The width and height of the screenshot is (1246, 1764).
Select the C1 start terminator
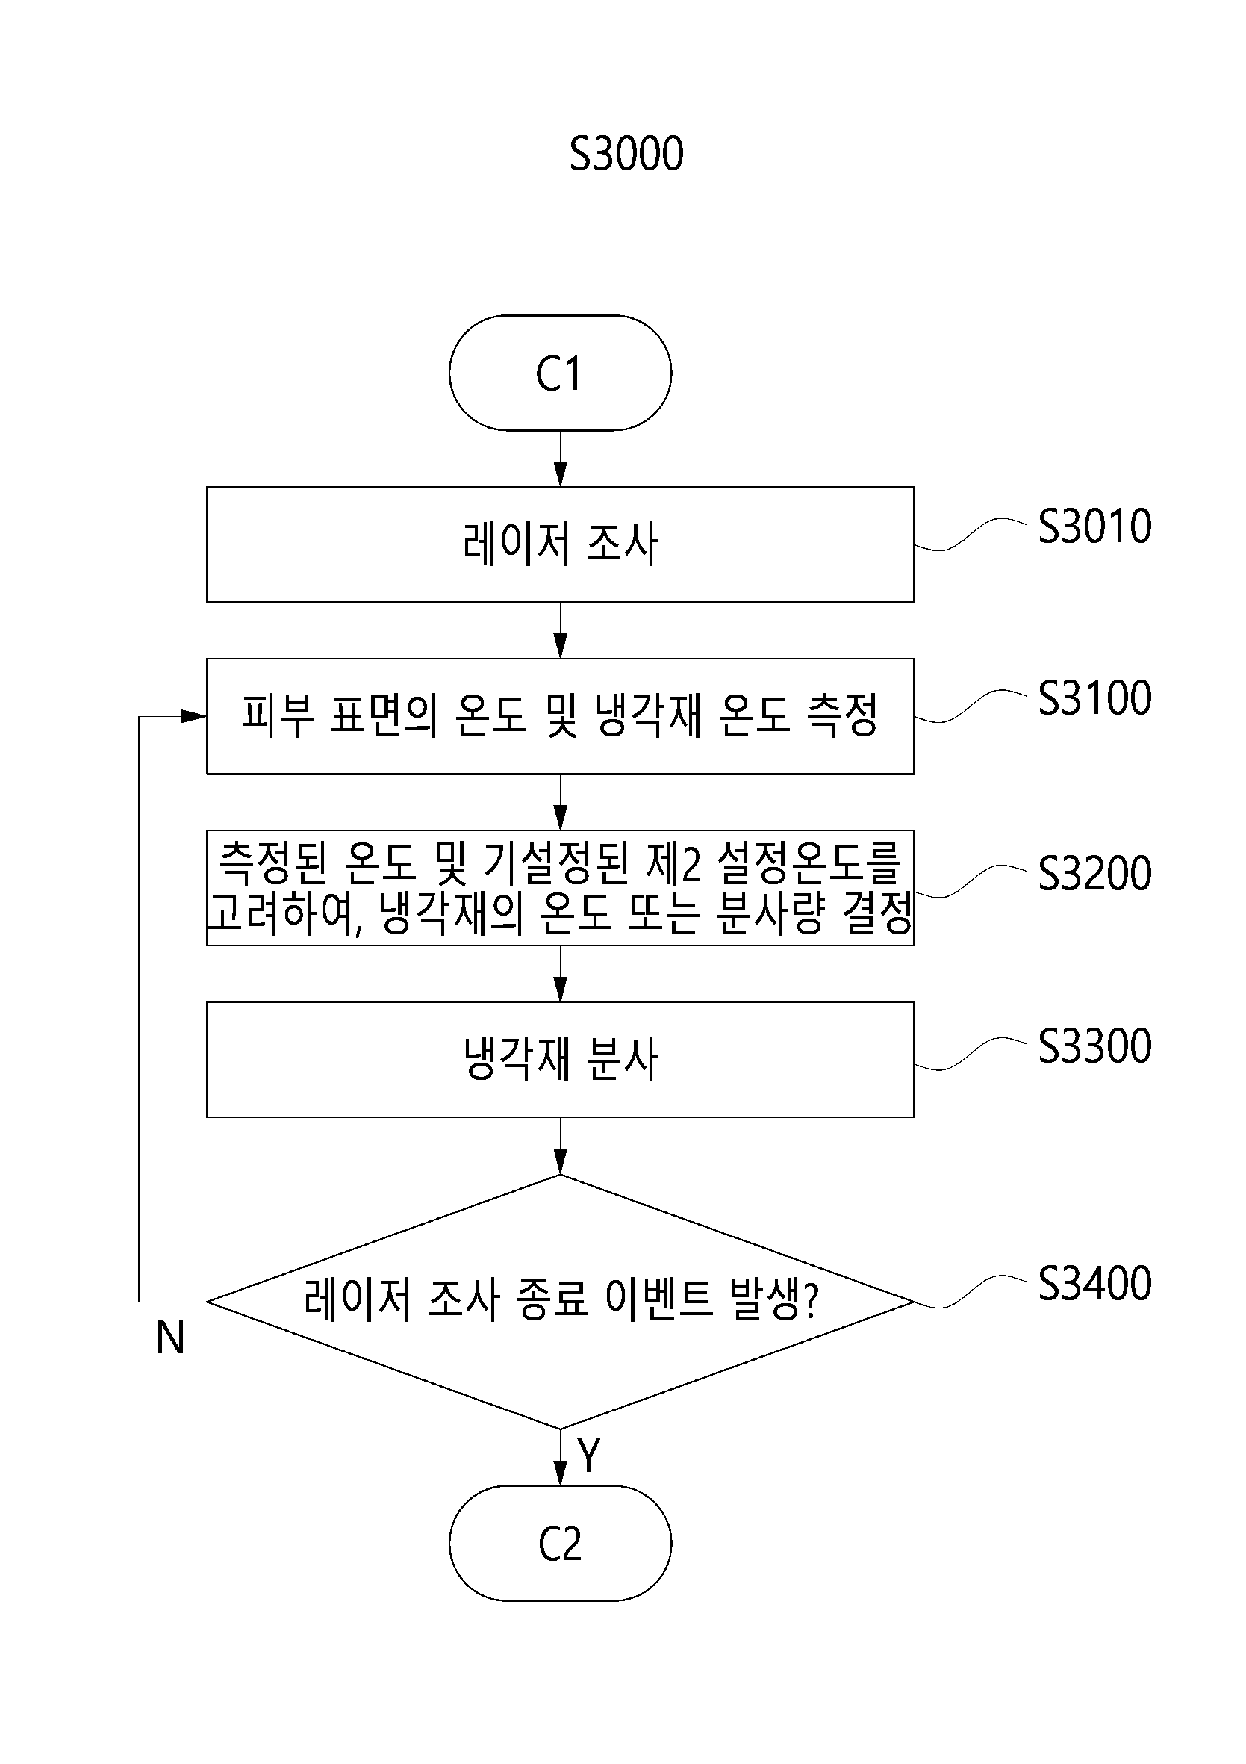tap(560, 373)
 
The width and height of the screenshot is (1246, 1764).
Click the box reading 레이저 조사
tap(560, 544)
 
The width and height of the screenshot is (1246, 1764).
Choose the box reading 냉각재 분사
tap(560, 1060)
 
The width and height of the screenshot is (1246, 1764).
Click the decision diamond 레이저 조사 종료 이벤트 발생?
tap(560, 1302)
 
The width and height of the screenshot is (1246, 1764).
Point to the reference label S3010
tap(1094, 527)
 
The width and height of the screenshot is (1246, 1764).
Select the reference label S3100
tap(1094, 698)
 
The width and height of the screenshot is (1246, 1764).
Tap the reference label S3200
tap(1094, 874)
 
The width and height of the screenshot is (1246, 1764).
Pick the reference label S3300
tap(1094, 1046)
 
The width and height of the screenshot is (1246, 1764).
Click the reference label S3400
tap(1094, 1284)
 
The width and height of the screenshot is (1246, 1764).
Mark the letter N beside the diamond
tap(169, 1338)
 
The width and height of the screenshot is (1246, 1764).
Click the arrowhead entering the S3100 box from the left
tap(194, 716)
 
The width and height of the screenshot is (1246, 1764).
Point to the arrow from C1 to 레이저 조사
tap(560, 458)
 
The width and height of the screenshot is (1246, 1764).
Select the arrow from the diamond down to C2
tap(560, 1457)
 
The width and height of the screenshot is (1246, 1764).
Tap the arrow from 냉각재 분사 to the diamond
tap(560, 1146)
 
